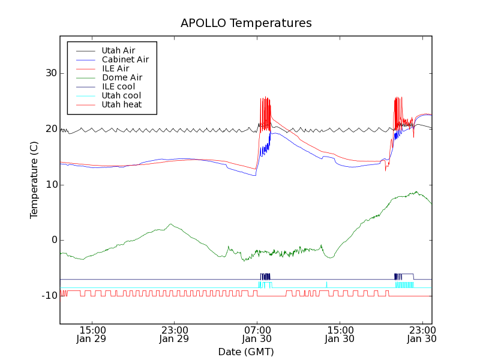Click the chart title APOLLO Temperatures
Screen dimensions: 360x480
tap(246, 23)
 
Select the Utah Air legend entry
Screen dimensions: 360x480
tap(118, 50)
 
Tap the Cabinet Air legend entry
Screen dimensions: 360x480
tap(125, 59)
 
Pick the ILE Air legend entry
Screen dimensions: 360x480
tap(115, 68)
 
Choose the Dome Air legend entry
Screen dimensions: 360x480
tap(122, 77)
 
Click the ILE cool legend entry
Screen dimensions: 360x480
tap(118, 86)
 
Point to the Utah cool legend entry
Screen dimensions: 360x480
tap(121, 95)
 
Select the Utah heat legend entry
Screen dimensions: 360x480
tap(122, 104)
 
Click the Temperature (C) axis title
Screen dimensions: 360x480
tap(34, 180)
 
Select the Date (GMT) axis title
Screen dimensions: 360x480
tap(246, 352)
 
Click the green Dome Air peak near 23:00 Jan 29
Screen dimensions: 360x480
tap(171, 224)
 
